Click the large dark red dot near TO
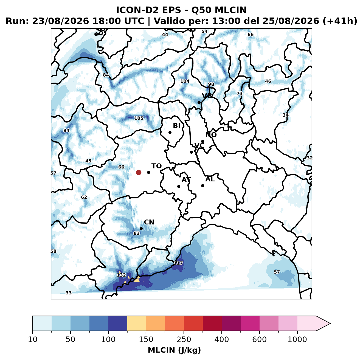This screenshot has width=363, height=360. [139, 172]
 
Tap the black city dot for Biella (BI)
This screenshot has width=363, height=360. [170, 132]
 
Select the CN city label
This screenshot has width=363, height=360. [149, 222]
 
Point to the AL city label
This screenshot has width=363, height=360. [210, 179]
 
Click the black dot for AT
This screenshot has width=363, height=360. [179, 186]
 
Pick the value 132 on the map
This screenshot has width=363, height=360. [121, 275]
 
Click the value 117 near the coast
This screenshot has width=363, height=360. [178, 263]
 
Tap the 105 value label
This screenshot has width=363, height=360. [139, 118]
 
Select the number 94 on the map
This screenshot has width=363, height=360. [66, 130]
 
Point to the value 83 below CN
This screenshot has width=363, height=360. [136, 233]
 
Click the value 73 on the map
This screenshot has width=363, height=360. [240, 94]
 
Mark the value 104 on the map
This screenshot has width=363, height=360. [185, 81]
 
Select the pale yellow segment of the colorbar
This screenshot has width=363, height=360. [137, 323]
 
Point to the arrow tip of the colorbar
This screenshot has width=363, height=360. [330, 324]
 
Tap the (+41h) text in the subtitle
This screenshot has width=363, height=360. [340, 21]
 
